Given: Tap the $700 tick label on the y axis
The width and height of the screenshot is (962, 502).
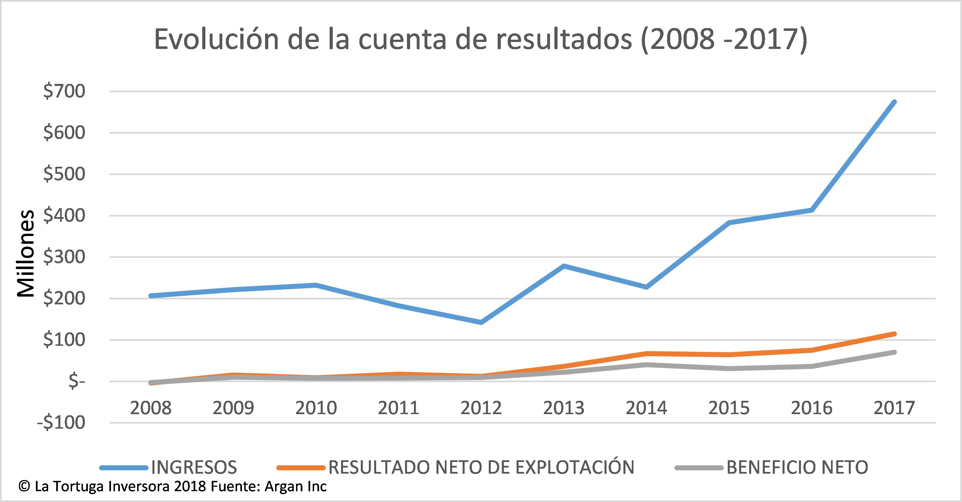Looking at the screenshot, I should tap(64, 92).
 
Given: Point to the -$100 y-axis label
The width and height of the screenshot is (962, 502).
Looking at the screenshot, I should tap(61, 423).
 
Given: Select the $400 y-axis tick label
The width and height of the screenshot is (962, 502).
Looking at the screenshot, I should tap(64, 216).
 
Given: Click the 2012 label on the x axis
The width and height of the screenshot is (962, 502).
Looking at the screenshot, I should tap(481, 408).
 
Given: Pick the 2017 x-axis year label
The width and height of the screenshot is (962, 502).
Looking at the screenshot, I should tap(894, 408).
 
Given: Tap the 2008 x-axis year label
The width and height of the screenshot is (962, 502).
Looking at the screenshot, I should tap(151, 408).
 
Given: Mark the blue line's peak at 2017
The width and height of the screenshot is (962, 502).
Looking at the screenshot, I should tap(894, 102).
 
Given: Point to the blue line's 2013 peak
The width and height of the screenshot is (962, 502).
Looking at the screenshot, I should tap(564, 266).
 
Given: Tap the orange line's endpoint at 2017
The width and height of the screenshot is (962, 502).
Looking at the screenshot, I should tap(894, 334).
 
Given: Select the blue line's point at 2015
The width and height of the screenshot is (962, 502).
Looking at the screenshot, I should tap(729, 222).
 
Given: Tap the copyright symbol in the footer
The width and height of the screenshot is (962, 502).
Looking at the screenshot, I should tap(24, 487).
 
